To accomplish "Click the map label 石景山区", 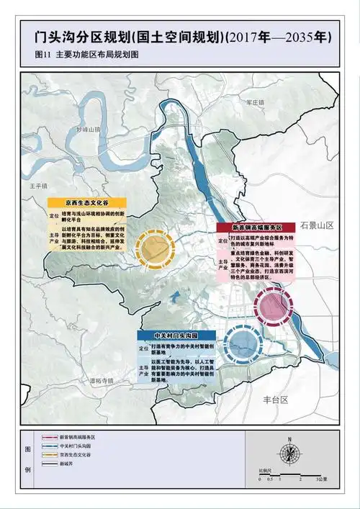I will pyautogui.click(x=318, y=225).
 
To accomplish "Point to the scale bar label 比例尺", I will pyautogui.click(x=266, y=470).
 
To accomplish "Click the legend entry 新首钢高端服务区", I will pyautogui.click(x=78, y=437).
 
